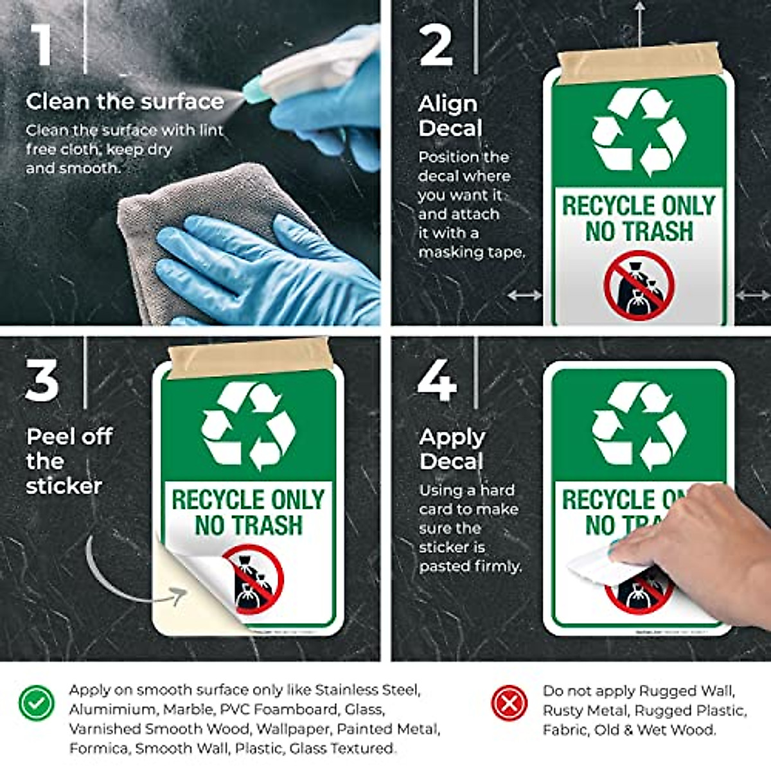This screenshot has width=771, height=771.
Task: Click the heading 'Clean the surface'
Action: [x=125, y=102]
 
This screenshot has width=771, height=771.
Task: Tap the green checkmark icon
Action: [x=36, y=703]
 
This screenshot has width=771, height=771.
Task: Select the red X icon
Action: [x=509, y=703]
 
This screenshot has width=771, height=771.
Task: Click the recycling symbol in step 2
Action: [x=639, y=132]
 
